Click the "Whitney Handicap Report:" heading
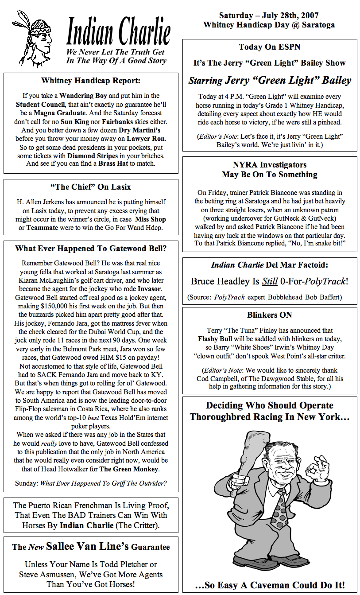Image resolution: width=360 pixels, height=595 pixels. pos(91,81)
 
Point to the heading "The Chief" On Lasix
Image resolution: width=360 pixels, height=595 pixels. pos(91,187)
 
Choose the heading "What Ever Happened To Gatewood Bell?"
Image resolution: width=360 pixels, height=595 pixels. pos(91,249)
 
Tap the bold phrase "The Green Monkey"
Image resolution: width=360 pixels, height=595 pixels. pos(128,469)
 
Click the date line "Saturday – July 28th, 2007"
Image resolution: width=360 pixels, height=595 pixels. pos(269,16)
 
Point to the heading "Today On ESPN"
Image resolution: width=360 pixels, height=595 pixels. pos(270,47)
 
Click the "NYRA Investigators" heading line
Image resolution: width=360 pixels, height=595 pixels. pos(270,165)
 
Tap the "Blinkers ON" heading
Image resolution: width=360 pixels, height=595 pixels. pos(270,315)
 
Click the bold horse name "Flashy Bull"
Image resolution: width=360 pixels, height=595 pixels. pos(215,339)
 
